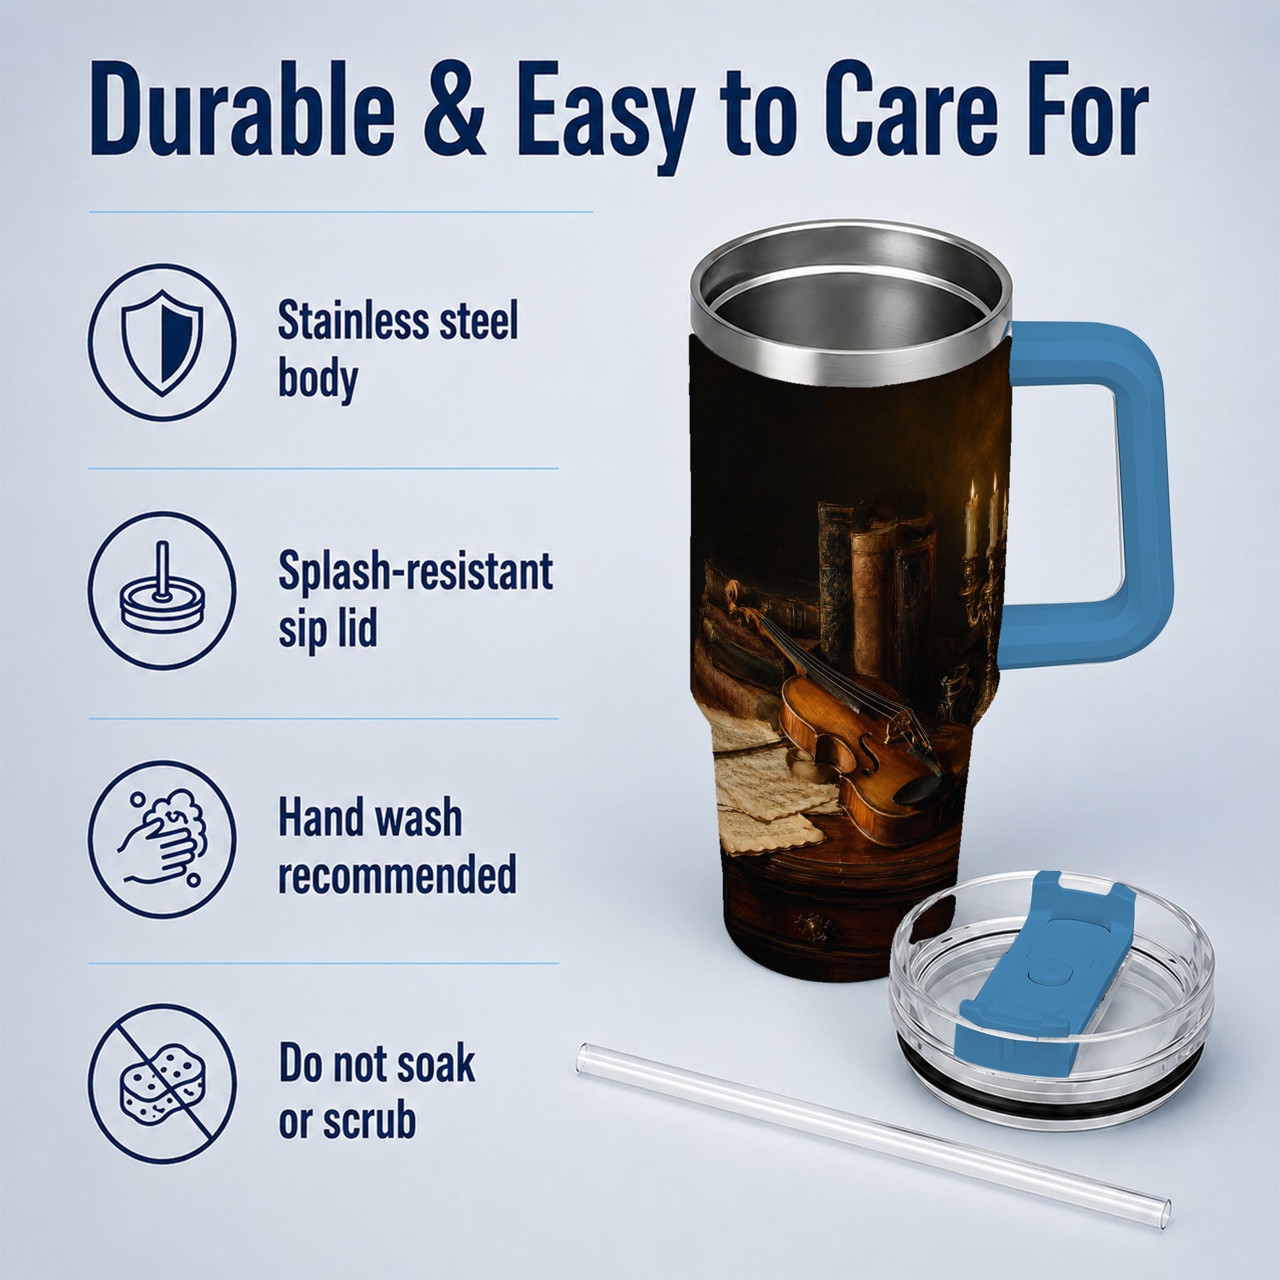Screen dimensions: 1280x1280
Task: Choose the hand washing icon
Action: (162, 836)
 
